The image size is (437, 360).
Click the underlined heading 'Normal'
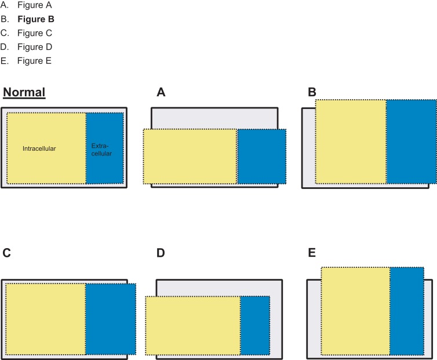point(24,93)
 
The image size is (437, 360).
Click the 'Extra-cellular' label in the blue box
point(101,150)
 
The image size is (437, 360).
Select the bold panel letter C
point(7,253)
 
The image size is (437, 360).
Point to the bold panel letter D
point(161,253)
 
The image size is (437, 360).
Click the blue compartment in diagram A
point(261,157)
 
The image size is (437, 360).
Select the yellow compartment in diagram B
point(351,142)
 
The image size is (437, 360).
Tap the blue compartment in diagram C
point(111,318)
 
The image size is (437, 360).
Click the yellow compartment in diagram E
point(355,311)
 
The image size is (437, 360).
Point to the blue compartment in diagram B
point(411,142)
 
